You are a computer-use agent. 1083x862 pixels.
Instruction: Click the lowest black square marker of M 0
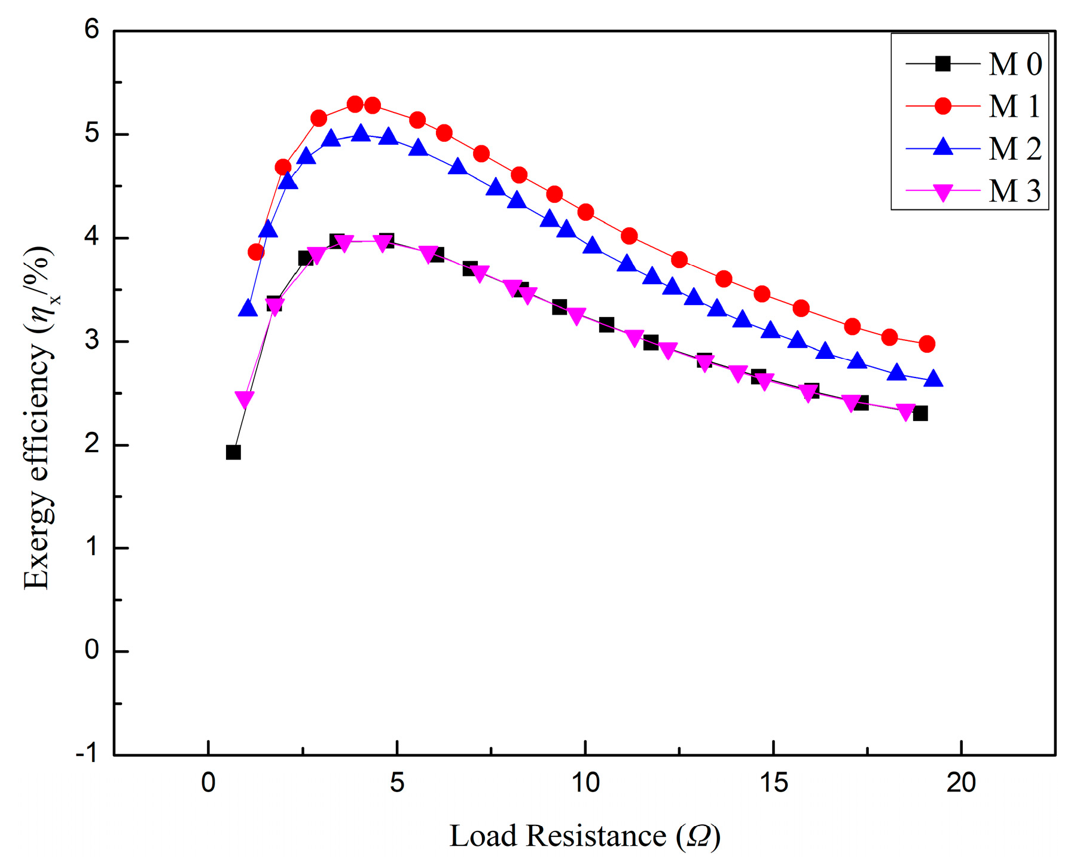[x=233, y=452]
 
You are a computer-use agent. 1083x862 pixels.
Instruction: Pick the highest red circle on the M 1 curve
[x=355, y=104]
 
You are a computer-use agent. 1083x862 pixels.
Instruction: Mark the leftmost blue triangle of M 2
[x=248, y=309]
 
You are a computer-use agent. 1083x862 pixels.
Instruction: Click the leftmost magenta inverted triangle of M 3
[x=245, y=399]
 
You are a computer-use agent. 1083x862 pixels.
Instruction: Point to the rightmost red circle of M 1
[x=927, y=344]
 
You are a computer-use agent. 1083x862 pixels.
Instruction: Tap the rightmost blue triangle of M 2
[x=933, y=379]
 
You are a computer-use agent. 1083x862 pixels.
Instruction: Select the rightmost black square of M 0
[x=920, y=413]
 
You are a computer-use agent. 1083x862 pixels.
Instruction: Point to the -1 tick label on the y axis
[x=87, y=754]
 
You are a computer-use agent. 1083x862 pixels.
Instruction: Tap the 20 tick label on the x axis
[x=960, y=782]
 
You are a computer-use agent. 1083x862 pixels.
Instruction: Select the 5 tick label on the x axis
[x=396, y=782]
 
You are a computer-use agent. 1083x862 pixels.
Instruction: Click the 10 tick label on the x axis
[x=585, y=782]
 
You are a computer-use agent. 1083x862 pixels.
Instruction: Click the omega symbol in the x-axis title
[x=698, y=836]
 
